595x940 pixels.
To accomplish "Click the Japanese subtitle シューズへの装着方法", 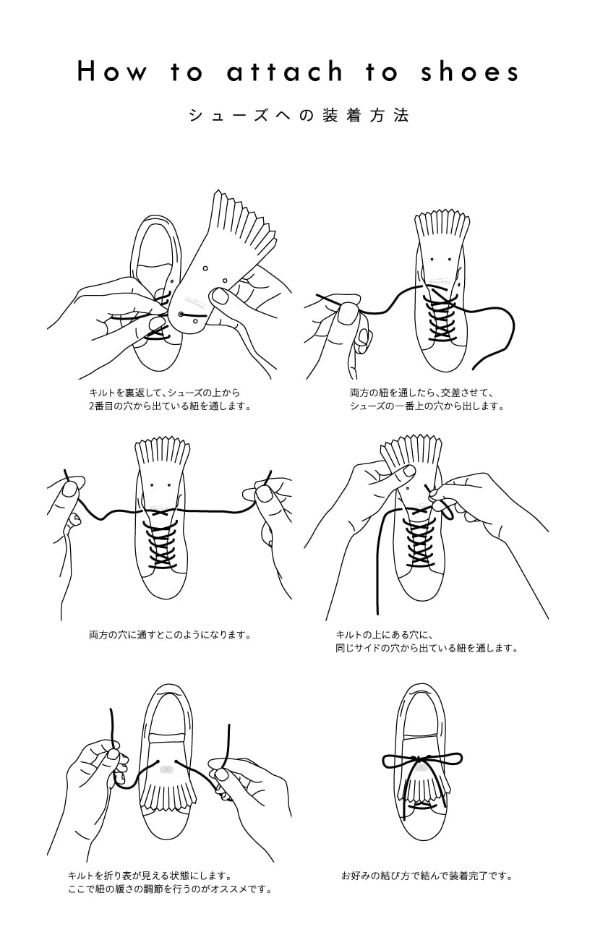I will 298,115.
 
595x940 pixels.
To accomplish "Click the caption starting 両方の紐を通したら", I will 427,399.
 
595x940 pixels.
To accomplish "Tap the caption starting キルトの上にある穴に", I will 427,641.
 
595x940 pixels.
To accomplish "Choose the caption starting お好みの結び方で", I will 427,876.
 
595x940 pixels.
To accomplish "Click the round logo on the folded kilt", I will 166,769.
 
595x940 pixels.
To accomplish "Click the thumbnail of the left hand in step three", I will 70,490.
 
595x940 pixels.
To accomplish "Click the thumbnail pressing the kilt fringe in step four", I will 409,471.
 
